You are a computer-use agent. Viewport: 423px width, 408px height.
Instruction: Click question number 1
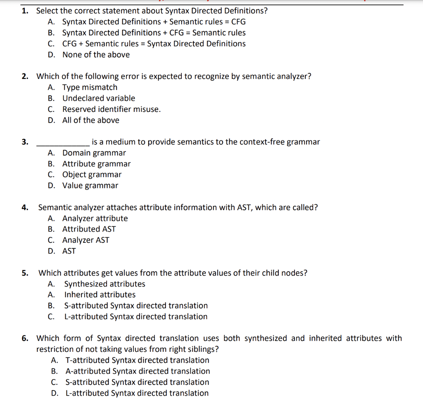point(25,11)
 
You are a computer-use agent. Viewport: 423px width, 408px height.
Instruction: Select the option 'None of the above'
point(96,55)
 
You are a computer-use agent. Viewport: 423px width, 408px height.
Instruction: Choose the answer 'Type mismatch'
point(90,88)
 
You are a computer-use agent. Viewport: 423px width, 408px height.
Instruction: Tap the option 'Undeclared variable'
point(99,98)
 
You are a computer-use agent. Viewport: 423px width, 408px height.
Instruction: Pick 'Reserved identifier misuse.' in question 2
point(112,109)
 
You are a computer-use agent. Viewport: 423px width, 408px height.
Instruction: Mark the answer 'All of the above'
point(91,120)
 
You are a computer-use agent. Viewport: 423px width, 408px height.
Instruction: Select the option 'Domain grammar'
point(94,153)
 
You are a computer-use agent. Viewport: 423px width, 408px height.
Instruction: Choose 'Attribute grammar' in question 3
point(96,164)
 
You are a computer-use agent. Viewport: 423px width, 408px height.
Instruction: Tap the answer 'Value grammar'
point(90,186)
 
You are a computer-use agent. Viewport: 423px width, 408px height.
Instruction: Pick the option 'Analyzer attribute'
point(95,218)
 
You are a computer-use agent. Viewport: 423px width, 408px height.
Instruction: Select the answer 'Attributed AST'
point(89,229)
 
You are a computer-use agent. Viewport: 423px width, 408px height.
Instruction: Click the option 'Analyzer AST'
point(86,240)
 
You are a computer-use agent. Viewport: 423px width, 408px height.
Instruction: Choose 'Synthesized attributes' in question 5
point(105,284)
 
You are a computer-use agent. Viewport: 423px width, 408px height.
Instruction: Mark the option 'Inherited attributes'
point(100,295)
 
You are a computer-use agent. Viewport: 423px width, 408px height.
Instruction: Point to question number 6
point(25,339)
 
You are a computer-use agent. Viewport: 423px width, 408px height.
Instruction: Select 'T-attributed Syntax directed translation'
point(137,361)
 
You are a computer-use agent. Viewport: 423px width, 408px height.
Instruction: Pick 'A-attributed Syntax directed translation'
point(138,371)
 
